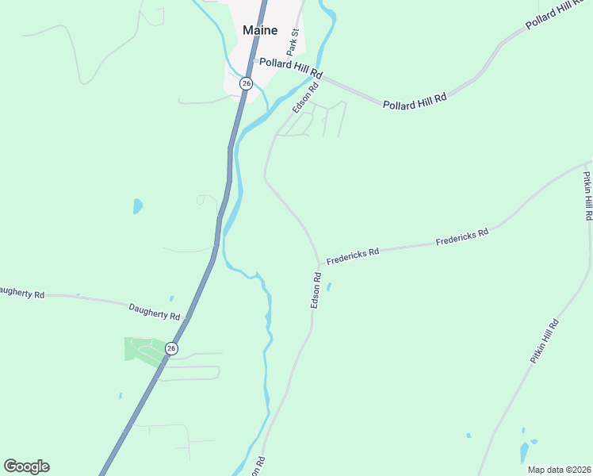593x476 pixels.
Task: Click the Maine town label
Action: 260,30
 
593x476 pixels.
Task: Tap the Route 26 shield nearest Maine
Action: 247,83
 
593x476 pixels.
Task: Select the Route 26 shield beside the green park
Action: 171,348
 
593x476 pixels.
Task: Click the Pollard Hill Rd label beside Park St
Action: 289,67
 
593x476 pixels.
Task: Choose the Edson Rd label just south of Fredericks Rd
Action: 316,290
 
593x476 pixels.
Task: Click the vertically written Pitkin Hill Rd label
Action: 587,195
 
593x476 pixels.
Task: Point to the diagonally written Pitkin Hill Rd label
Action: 545,341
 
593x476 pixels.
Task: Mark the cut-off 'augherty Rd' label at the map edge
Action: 21,292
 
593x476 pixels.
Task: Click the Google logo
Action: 27,466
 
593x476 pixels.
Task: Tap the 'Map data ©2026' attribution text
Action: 559,470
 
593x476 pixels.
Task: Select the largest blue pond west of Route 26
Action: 138,206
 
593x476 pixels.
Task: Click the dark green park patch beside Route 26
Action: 140,349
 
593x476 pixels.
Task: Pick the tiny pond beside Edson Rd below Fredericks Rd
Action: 328,286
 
